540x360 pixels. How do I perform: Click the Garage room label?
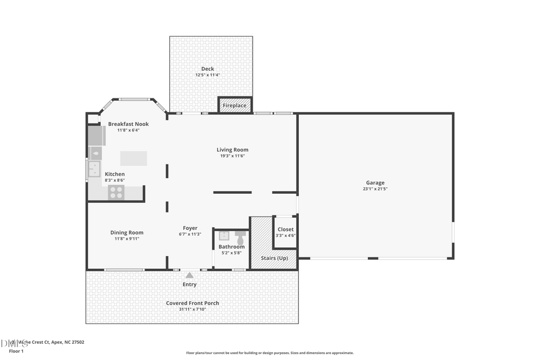(376, 183)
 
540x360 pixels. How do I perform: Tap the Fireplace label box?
(235, 106)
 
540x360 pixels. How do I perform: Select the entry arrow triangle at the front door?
(189, 275)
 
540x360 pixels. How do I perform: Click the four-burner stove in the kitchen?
(116, 193)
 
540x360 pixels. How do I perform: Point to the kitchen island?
(133, 158)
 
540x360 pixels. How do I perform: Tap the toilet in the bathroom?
(241, 236)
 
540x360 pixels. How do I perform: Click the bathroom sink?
(224, 236)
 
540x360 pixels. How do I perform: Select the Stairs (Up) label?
(274, 258)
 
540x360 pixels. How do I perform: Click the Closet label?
(286, 229)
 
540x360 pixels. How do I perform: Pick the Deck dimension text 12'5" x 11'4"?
(208, 75)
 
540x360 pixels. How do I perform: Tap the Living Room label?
(232, 150)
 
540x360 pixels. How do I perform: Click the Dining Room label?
(127, 233)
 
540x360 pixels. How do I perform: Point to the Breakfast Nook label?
(128, 124)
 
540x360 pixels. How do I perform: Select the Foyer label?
(190, 228)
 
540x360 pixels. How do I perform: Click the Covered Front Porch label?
(193, 303)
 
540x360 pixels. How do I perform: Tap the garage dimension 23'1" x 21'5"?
(376, 189)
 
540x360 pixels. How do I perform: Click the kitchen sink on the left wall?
(94, 170)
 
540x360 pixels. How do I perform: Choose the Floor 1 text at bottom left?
(16, 350)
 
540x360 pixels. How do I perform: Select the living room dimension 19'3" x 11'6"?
(232, 156)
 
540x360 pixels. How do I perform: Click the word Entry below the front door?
(190, 284)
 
